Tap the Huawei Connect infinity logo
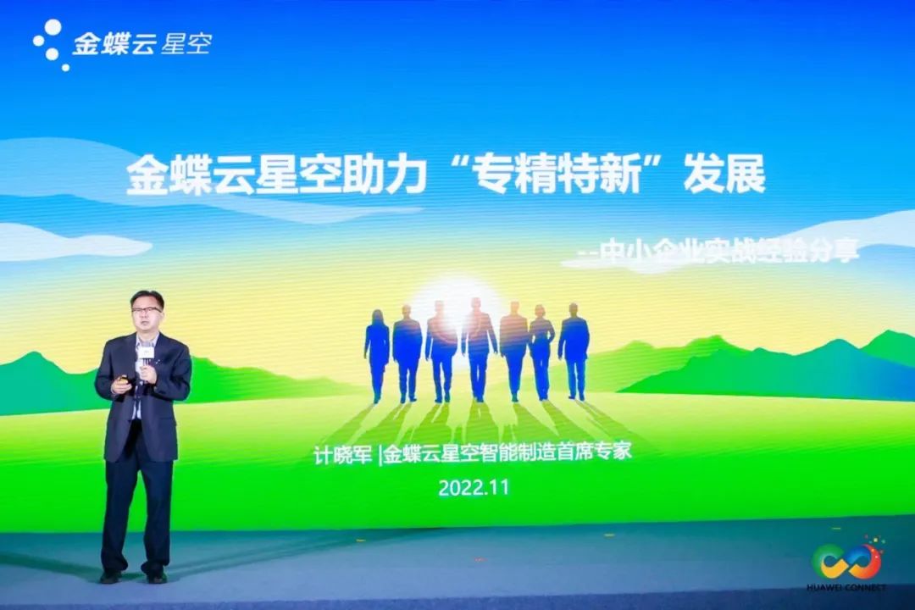846,561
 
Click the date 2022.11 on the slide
474,487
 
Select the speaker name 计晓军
342,455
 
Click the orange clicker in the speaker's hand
123,380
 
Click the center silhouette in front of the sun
479,349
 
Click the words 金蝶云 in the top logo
114,44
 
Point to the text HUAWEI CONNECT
846,586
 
